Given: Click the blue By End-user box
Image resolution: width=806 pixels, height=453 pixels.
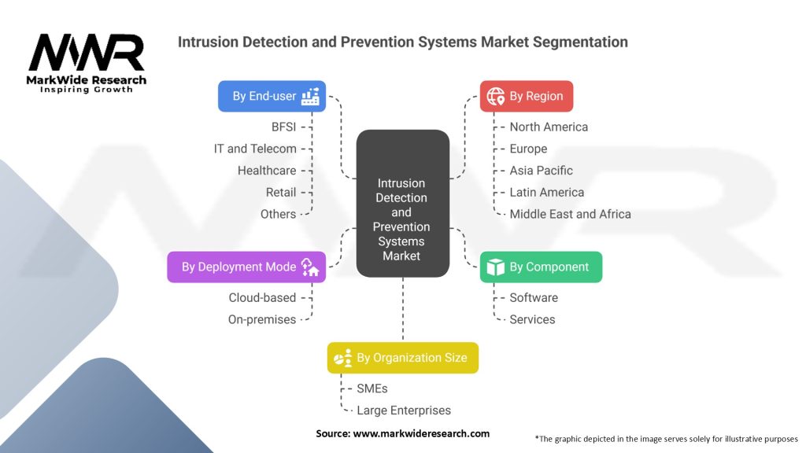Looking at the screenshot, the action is (272, 96).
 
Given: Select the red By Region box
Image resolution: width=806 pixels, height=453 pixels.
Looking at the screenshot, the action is (527, 96).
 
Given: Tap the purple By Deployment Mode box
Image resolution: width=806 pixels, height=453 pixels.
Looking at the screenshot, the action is (246, 267).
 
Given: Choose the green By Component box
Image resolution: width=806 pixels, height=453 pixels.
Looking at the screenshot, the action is (542, 267).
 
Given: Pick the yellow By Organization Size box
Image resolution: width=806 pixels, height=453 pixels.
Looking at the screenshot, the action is (403, 358).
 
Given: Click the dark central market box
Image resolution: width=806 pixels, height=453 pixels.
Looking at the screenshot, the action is (403, 204).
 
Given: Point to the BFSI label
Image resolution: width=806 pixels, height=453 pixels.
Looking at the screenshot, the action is (283, 127).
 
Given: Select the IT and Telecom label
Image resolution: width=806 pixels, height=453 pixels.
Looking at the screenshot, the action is (256, 149).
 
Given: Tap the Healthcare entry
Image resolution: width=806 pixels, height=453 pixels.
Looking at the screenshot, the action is (267, 171).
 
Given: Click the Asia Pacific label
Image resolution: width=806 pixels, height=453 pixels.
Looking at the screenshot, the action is (541, 171).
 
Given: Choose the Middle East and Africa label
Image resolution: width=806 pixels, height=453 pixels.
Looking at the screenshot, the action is (570, 214).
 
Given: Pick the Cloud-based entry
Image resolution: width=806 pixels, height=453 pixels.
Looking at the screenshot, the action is (262, 298).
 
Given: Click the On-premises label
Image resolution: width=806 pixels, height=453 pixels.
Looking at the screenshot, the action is (262, 319).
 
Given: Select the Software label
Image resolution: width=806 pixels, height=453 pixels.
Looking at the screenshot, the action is (534, 298).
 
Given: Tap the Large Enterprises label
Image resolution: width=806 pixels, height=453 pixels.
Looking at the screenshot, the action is (404, 411).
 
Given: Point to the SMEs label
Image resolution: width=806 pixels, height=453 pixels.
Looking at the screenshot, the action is (372, 389).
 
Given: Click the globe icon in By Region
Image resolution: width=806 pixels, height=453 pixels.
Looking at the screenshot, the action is (496, 96).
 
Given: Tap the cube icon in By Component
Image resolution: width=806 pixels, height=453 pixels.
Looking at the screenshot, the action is (496, 267).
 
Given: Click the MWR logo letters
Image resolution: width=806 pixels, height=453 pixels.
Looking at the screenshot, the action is (87, 53).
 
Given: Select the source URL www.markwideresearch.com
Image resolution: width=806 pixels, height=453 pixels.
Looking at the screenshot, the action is (421, 433).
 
